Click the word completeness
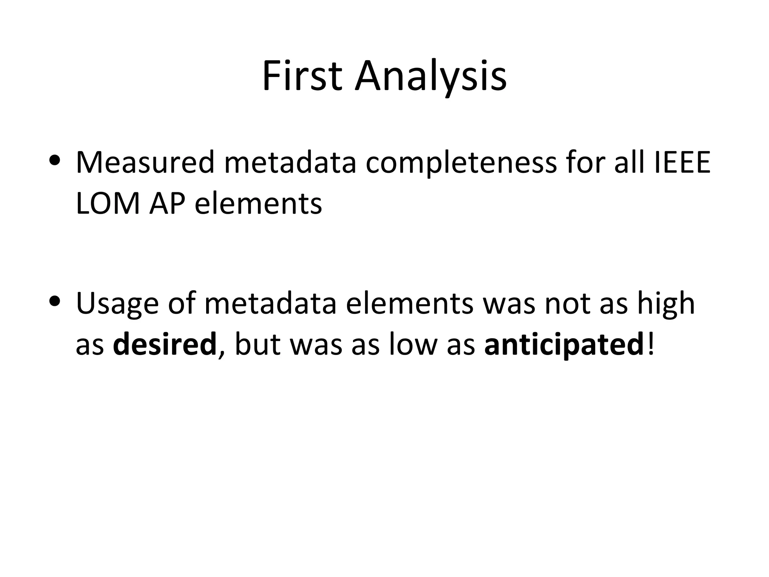[x=461, y=162]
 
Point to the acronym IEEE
[x=682, y=162]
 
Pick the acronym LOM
[x=107, y=204]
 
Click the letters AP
[x=167, y=204]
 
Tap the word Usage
[x=117, y=304]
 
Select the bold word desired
[x=164, y=344]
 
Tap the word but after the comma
[x=258, y=344]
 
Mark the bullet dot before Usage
[x=55, y=301]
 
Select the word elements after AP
[x=258, y=204]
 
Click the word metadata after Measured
[x=290, y=162]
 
